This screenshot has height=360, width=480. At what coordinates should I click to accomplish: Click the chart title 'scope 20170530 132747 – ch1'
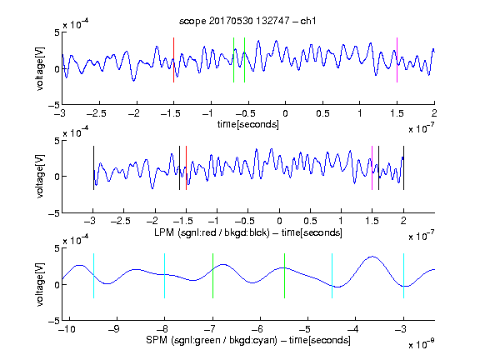click(x=247, y=21)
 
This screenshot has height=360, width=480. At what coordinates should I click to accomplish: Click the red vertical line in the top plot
click(x=173, y=60)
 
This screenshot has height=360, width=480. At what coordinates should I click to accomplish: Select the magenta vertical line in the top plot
click(x=397, y=60)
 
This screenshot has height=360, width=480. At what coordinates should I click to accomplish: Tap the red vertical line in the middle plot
click(x=186, y=168)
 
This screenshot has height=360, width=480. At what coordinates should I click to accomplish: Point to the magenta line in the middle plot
click(x=372, y=168)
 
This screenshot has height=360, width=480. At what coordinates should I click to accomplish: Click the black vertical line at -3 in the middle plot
click(x=93, y=168)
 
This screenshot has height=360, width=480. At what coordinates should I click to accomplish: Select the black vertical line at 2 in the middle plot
click(x=403, y=168)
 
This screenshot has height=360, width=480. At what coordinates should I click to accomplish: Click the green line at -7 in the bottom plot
click(x=212, y=276)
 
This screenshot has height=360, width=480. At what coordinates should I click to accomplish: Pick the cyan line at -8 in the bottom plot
click(x=165, y=276)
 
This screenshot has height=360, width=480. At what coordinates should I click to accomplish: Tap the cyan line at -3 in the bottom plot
click(x=403, y=276)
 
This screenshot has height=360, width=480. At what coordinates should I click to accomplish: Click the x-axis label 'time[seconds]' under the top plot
click(x=248, y=124)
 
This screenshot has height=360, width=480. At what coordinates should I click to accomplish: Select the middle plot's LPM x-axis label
click(x=248, y=232)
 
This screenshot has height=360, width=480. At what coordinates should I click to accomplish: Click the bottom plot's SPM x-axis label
click(x=248, y=340)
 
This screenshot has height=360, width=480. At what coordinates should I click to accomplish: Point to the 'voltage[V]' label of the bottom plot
click(x=40, y=284)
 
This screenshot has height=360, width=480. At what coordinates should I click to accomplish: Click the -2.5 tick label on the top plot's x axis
click(x=97, y=113)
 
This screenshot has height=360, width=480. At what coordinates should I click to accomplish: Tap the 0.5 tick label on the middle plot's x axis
click(x=310, y=221)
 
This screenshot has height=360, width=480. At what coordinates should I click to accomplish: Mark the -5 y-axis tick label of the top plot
click(x=54, y=105)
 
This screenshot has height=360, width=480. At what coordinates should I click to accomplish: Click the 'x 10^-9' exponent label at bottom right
click(x=421, y=344)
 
